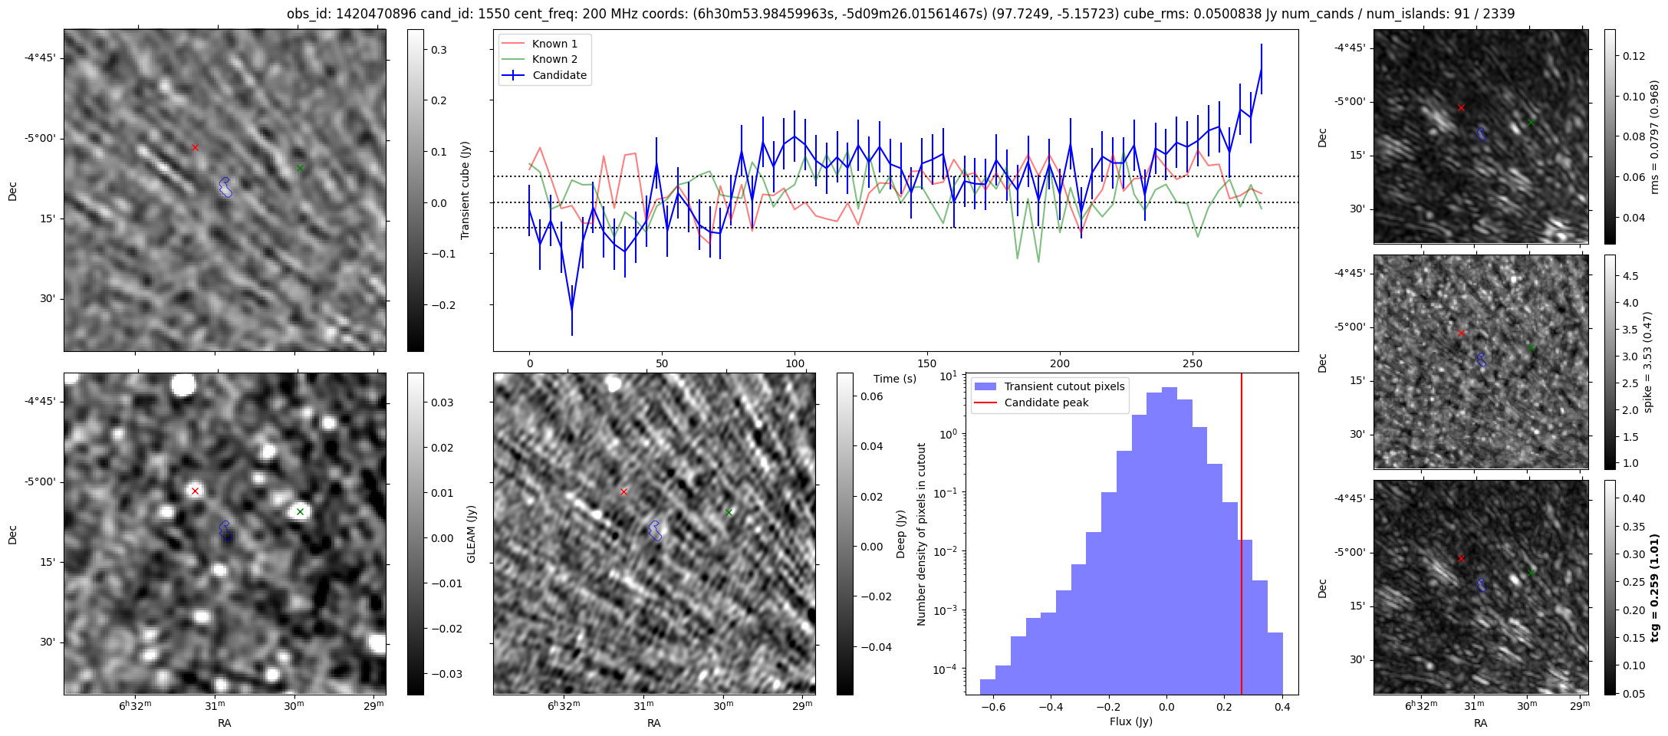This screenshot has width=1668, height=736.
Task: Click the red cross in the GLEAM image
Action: [195, 491]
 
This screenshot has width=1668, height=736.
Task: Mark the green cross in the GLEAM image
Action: [300, 511]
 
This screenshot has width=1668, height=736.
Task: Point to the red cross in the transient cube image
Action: [195, 147]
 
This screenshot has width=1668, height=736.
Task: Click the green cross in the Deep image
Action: [729, 512]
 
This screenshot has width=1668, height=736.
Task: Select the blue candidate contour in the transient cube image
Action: [225, 186]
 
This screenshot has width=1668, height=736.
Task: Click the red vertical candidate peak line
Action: [1242, 537]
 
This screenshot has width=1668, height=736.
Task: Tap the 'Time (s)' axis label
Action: [895, 379]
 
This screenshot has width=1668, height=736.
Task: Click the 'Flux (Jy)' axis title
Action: [1130, 721]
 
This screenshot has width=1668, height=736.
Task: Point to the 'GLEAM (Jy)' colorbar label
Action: [471, 534]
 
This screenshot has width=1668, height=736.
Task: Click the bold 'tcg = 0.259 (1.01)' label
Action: [1655, 588]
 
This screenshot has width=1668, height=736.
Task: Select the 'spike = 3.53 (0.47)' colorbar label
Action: [1647, 362]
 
